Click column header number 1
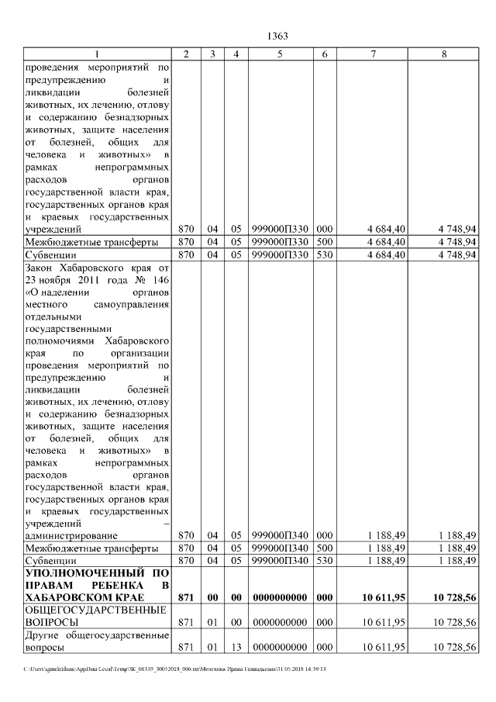pyautogui.click(x=97, y=54)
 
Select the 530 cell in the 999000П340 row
pyautogui.click(x=324, y=560)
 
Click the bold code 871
pyautogui.click(x=186, y=597)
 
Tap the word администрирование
pyautogui.click(x=71, y=535)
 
